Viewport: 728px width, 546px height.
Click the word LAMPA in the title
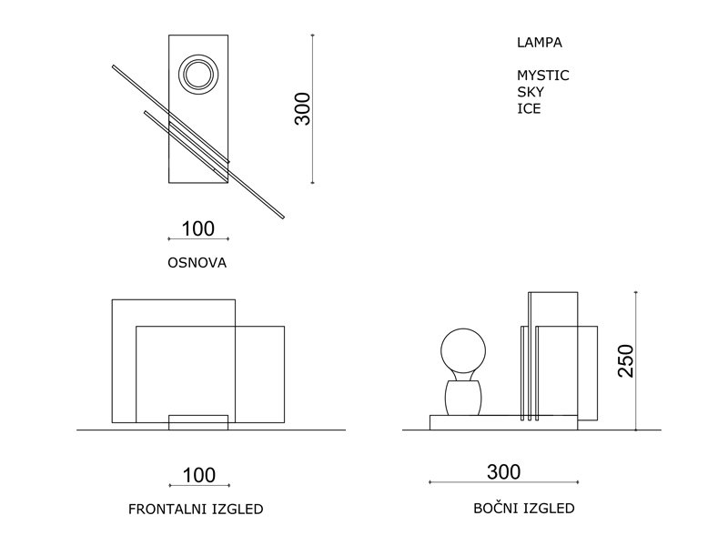click(540, 42)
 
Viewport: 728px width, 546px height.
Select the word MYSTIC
click(543, 76)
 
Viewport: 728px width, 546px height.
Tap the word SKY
click(531, 92)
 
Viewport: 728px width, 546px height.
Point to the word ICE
click(529, 108)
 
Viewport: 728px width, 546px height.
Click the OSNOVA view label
click(197, 263)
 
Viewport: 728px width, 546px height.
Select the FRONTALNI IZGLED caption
click(201, 509)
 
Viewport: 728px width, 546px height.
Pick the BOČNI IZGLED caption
click(524, 509)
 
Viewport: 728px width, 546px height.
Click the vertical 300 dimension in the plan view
click(303, 109)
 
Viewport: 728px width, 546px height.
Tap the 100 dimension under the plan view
click(198, 228)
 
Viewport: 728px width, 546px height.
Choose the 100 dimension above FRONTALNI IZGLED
click(199, 475)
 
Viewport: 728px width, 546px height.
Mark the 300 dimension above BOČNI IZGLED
click(504, 472)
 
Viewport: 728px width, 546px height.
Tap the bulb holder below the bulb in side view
click(462, 398)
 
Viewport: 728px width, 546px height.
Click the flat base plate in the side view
click(503, 422)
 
